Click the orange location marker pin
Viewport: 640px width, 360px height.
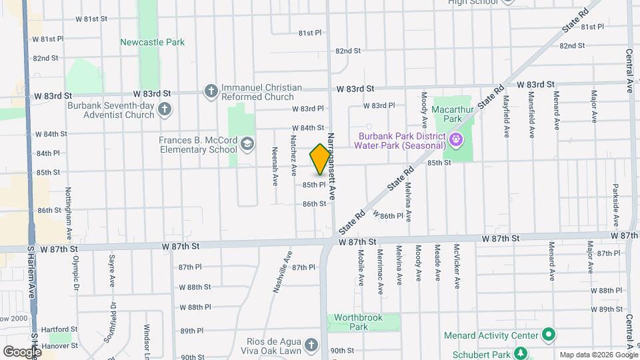point(320,159)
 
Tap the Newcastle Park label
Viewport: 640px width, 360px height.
point(152,42)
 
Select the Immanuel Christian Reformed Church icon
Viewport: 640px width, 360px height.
point(211,91)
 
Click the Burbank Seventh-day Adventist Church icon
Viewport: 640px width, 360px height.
point(165,109)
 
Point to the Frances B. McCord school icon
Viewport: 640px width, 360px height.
point(247,144)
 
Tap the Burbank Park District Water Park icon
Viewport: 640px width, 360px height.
point(456,140)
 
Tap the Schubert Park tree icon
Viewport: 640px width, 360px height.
point(523,353)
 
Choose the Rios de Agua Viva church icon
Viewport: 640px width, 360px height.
point(310,345)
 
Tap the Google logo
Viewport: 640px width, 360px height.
point(21,351)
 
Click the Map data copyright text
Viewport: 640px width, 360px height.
point(597,355)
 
